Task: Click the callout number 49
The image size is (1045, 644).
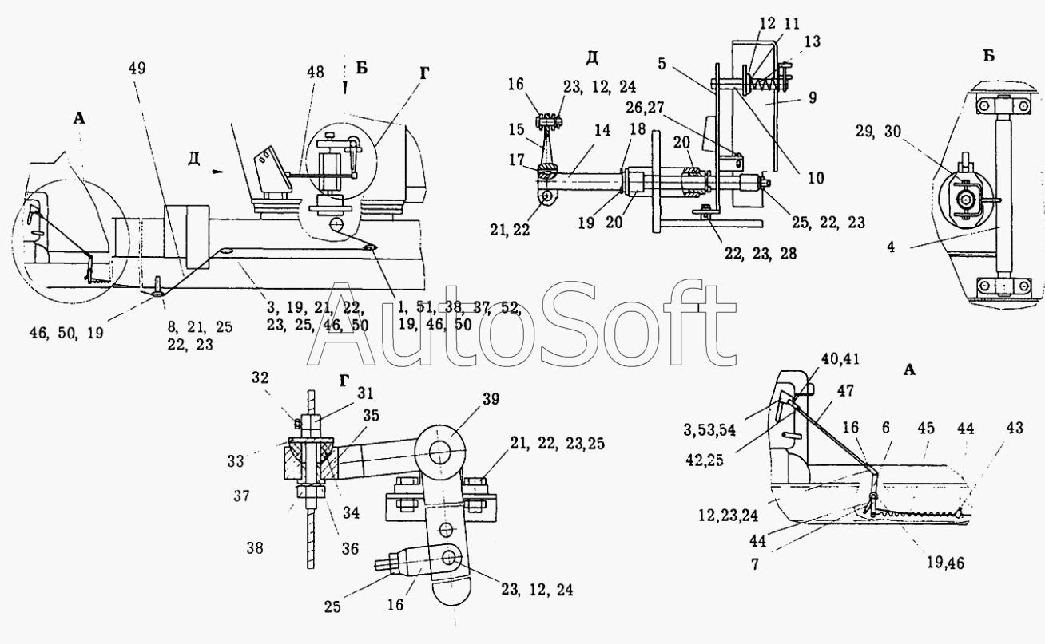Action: (137, 68)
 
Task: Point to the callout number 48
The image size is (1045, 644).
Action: (315, 71)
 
